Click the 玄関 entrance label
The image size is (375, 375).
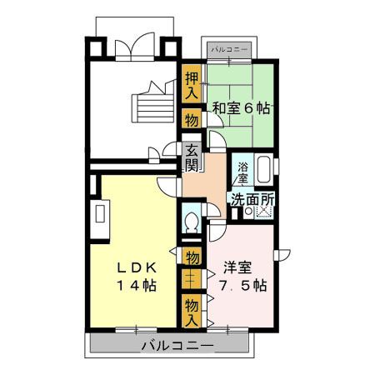[192, 157]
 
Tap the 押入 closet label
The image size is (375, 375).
[192, 85]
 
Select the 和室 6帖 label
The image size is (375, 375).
[241, 108]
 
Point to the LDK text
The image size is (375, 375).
[137, 267]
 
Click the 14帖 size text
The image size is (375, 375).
[137, 285]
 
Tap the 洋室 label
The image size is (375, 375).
[237, 267]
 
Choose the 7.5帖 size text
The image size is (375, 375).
[243, 285]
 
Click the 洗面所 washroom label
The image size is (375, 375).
[252, 199]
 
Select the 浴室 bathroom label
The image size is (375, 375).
[243, 172]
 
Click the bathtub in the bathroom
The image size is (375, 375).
[263, 170]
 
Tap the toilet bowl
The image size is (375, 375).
[191, 222]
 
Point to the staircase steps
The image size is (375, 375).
[153, 107]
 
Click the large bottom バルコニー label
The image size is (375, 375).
[177, 346]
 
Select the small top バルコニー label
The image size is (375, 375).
[229, 50]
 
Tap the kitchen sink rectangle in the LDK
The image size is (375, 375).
[100, 213]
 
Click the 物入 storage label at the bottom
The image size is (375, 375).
[192, 312]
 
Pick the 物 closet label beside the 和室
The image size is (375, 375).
[192, 121]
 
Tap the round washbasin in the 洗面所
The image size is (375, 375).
[248, 212]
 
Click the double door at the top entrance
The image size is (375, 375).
[134, 46]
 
